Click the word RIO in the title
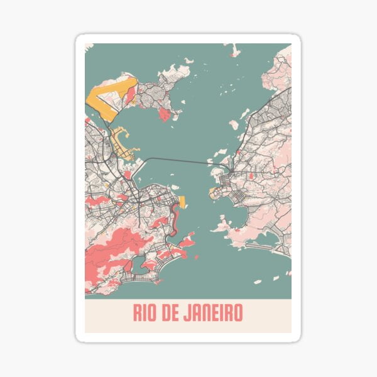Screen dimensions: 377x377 click(x=146, y=312)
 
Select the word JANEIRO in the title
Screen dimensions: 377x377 click(x=216, y=312)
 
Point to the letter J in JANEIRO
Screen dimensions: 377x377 click(x=191, y=312)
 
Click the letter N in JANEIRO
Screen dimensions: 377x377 click(x=207, y=312)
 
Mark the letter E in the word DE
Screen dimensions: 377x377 click(x=179, y=312)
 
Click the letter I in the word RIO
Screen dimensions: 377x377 click(x=146, y=312)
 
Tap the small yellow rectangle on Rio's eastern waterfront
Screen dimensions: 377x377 click(x=182, y=202)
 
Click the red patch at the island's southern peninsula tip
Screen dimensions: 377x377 click(x=165, y=115)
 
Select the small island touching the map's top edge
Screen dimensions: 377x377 click(x=234, y=49)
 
